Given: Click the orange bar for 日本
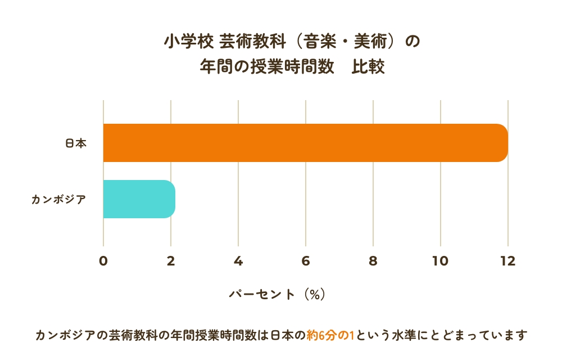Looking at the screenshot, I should (x=305, y=143).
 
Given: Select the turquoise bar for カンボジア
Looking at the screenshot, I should (x=139, y=199).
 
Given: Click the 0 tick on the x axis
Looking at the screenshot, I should (x=103, y=261).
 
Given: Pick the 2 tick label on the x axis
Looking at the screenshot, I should (x=171, y=261).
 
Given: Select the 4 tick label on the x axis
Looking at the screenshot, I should (x=238, y=261).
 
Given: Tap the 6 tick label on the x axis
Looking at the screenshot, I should (x=306, y=261).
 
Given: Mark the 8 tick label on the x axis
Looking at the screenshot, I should (x=373, y=261).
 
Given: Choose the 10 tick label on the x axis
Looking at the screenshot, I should (x=441, y=261).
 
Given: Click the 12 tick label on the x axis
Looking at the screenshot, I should (x=508, y=261).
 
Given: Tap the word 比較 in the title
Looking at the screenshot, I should (x=368, y=67).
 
